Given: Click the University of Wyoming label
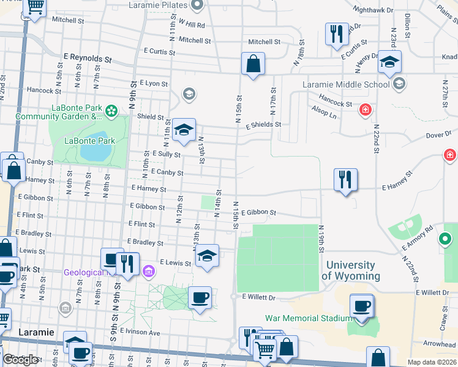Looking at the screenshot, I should click(350, 270).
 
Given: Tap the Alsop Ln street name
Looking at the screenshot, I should click(324, 114).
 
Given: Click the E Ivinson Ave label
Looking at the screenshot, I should click(140, 332).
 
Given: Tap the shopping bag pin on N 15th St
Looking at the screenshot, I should click(253, 64).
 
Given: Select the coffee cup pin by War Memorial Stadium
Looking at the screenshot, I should click(361, 305).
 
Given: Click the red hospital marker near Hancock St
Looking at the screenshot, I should click(366, 110).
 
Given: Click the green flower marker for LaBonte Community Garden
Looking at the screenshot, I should click(111, 111).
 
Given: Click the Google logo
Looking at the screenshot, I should click(20, 360).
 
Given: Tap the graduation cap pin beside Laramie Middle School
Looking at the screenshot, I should click(389, 62).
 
